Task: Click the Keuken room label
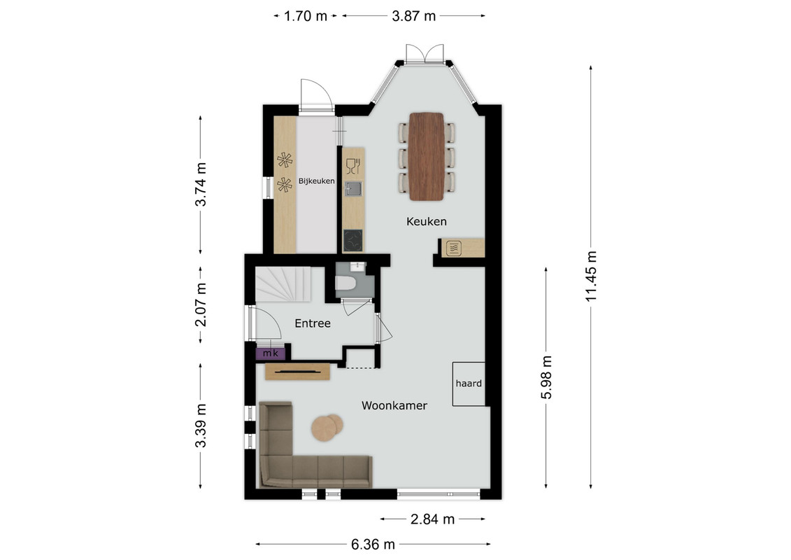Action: (x=426, y=221)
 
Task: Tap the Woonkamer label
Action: (x=394, y=405)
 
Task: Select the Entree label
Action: (x=312, y=323)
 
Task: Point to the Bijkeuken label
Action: (x=316, y=181)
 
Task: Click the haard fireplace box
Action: (x=469, y=384)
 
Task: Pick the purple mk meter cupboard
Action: (x=271, y=353)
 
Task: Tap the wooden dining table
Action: (x=426, y=157)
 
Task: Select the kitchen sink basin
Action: (x=353, y=189)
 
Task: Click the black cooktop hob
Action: (x=353, y=240)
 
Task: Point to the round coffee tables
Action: (x=327, y=428)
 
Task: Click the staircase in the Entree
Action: (x=283, y=284)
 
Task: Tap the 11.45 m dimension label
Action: (x=591, y=276)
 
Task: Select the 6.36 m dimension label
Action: (x=373, y=545)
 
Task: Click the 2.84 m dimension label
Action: (x=432, y=519)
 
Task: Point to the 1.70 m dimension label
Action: (x=305, y=16)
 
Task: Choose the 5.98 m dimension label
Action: (x=547, y=378)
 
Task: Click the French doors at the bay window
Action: (x=425, y=54)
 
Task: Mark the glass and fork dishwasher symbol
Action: (x=352, y=166)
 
